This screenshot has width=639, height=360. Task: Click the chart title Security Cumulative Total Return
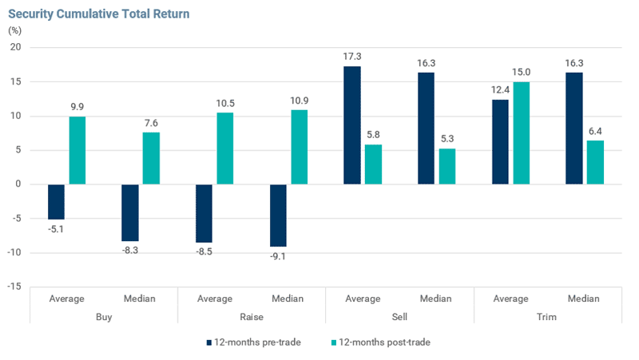coord(98,14)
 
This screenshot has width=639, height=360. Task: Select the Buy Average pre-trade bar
coord(56,202)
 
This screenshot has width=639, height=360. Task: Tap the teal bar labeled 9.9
coord(77,150)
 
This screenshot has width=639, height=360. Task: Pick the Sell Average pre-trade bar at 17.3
coord(352,125)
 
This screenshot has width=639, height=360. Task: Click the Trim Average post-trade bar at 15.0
coord(522,133)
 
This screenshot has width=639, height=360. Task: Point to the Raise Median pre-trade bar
coord(278,216)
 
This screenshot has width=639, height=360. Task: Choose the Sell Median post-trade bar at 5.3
coord(447,167)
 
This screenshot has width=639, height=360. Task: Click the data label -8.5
coord(204,251)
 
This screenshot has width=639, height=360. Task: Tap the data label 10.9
coord(299,101)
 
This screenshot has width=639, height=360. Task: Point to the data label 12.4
coord(501,89)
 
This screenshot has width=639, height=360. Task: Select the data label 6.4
coord(595,131)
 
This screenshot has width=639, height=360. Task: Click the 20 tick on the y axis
coord(15,47)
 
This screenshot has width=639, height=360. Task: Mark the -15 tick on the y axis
coord(14,287)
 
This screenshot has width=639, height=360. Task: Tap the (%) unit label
coord(14,30)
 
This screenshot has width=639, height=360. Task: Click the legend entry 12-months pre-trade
coord(253,342)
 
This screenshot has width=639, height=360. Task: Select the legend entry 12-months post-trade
coord(381,342)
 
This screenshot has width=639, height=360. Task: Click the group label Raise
coord(252,317)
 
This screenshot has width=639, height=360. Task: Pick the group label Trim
coord(546,317)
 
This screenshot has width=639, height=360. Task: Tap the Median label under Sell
coord(435,299)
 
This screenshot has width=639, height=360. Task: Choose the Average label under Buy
coord(67,299)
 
